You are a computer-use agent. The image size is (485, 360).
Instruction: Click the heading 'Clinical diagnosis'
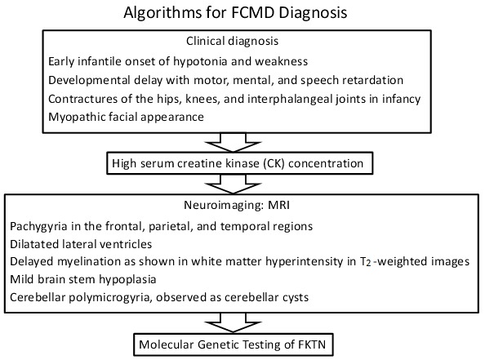(x=232, y=41)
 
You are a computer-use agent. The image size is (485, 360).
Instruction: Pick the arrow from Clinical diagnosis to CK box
(x=233, y=143)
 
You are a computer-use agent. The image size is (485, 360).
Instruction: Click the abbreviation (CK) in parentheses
(x=274, y=163)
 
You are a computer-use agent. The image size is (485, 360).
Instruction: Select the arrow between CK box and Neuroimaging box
(x=233, y=184)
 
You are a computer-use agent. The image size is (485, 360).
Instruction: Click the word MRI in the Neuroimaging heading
(x=278, y=205)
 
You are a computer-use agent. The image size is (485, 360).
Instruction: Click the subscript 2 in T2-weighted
(x=368, y=264)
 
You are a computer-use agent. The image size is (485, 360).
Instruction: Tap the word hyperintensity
(x=304, y=262)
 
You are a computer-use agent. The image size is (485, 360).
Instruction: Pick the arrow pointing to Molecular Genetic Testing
(x=233, y=323)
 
